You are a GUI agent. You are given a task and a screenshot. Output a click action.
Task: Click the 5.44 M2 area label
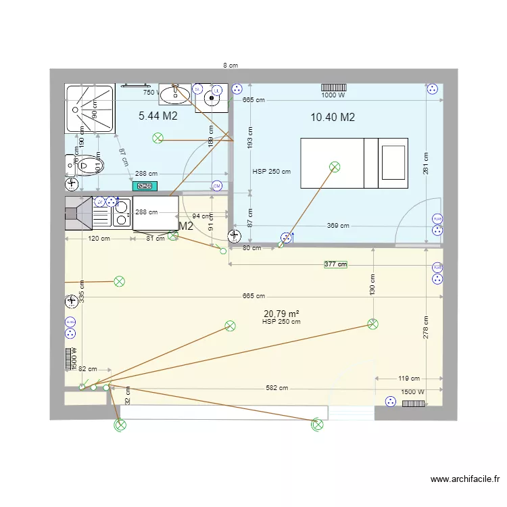click(158, 116)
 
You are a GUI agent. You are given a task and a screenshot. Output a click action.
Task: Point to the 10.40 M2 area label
click(333, 118)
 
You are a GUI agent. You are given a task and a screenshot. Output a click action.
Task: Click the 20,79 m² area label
click(281, 314)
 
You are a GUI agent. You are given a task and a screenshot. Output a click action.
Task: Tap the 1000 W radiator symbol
click(333, 87)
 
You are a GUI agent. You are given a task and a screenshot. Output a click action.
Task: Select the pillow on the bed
click(393, 163)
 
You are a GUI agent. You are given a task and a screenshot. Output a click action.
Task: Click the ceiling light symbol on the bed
click(334, 166)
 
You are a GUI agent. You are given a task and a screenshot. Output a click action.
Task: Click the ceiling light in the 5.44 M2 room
click(158, 139)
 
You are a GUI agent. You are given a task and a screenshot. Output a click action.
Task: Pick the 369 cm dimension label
click(338, 226)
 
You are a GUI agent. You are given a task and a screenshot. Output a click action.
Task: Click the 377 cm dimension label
click(335, 264)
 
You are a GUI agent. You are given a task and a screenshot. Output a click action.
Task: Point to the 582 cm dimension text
click(276, 388)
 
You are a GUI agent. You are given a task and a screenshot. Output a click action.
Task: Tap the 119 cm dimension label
click(409, 379)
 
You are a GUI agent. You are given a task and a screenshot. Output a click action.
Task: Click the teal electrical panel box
click(144, 186)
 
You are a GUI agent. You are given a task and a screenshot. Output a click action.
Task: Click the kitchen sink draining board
click(101, 214)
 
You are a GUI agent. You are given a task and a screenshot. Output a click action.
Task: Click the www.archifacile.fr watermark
click(465, 480)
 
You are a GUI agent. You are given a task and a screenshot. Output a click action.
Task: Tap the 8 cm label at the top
click(231, 66)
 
